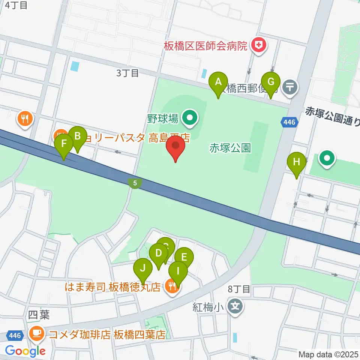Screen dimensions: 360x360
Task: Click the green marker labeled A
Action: [218, 82]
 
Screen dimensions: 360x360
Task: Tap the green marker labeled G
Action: [271, 82]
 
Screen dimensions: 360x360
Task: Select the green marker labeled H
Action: [297, 162]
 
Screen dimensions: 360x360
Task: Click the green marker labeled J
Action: [143, 268]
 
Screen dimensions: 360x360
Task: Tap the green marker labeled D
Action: [158, 253]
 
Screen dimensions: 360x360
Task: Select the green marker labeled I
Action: [178, 271]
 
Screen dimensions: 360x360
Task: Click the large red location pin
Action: [175, 146]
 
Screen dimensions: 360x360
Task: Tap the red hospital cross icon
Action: [258, 46]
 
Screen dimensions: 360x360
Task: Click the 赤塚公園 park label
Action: [230, 148]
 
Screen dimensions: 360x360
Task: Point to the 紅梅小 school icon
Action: [235, 307]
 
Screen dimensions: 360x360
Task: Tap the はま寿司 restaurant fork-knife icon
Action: [172, 287]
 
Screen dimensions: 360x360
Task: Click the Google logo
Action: [25, 351]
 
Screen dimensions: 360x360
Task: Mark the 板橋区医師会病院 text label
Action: [206, 46]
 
